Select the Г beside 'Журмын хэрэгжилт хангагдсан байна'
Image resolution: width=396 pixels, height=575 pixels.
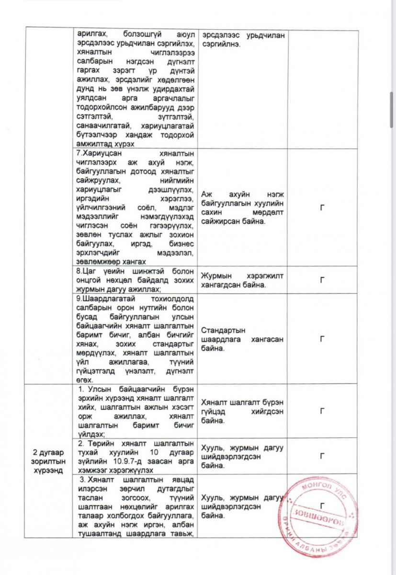tap(323, 280)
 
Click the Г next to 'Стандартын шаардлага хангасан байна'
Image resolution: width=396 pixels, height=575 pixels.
tap(323, 338)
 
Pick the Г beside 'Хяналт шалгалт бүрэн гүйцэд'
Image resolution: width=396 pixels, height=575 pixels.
tap(323, 411)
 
